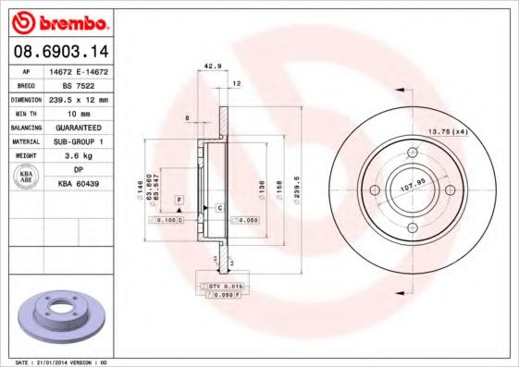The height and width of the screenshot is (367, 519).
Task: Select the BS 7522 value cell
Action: pyautogui.click(x=79, y=84)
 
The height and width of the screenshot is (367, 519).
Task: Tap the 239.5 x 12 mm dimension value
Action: pyautogui.click(x=79, y=98)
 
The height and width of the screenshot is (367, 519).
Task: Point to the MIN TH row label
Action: pyautogui.click(x=26, y=112)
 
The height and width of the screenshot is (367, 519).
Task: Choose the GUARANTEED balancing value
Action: pyautogui.click(x=79, y=127)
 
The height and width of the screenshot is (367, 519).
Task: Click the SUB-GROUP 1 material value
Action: pyautogui.click(x=79, y=141)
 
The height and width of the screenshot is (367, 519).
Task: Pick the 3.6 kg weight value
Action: pyautogui.click(x=79, y=155)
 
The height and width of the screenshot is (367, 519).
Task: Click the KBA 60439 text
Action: pyautogui.click(x=79, y=184)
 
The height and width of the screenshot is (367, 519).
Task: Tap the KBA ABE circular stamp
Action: pyautogui.click(x=25, y=177)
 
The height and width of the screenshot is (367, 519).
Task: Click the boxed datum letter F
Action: pyautogui.click(x=179, y=201)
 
